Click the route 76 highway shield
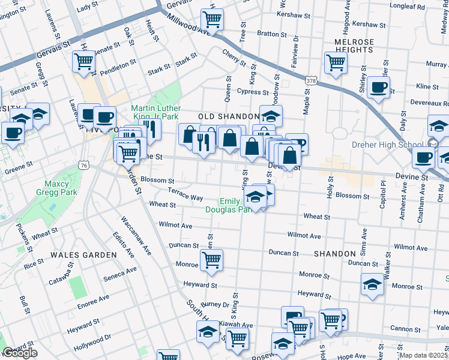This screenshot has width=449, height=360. pyautogui.click(x=84, y=165)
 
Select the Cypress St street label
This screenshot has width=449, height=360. pyautogui.click(x=252, y=92)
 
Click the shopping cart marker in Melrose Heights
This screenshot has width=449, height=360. pyautogui.click(x=335, y=62)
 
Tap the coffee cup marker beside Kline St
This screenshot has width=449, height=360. pyautogui.click(x=379, y=88)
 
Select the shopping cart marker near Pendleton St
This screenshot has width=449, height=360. pyautogui.click(x=84, y=61)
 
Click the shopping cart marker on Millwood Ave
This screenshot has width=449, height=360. pyautogui.click(x=212, y=19)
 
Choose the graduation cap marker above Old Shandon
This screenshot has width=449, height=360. pyautogui.click(x=271, y=115)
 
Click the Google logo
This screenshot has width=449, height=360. pyautogui.click(x=20, y=353)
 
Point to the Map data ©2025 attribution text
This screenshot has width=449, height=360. pyautogui.click(x=424, y=355)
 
